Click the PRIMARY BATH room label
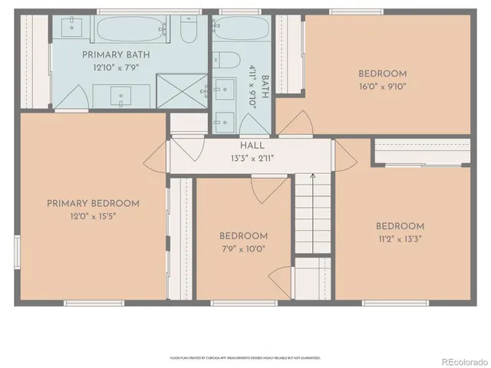[x=117, y=54]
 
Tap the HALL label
[x=252, y=146]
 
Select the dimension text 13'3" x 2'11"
[x=252, y=159]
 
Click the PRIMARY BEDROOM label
[x=93, y=203]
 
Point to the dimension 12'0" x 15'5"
[x=93, y=216]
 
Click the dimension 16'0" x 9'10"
[x=382, y=87]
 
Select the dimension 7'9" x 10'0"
[x=242, y=248]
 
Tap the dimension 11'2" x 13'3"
[x=399, y=238]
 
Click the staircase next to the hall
[x=312, y=219]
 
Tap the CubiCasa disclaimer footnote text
[x=245, y=357]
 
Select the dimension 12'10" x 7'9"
[x=117, y=67]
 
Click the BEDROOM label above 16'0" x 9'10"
[x=382, y=74]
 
